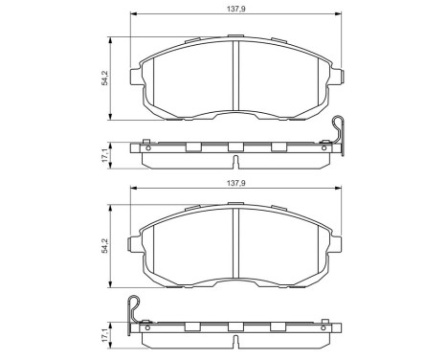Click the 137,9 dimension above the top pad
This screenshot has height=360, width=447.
(235, 8)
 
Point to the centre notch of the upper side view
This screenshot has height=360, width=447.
(235, 146)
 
